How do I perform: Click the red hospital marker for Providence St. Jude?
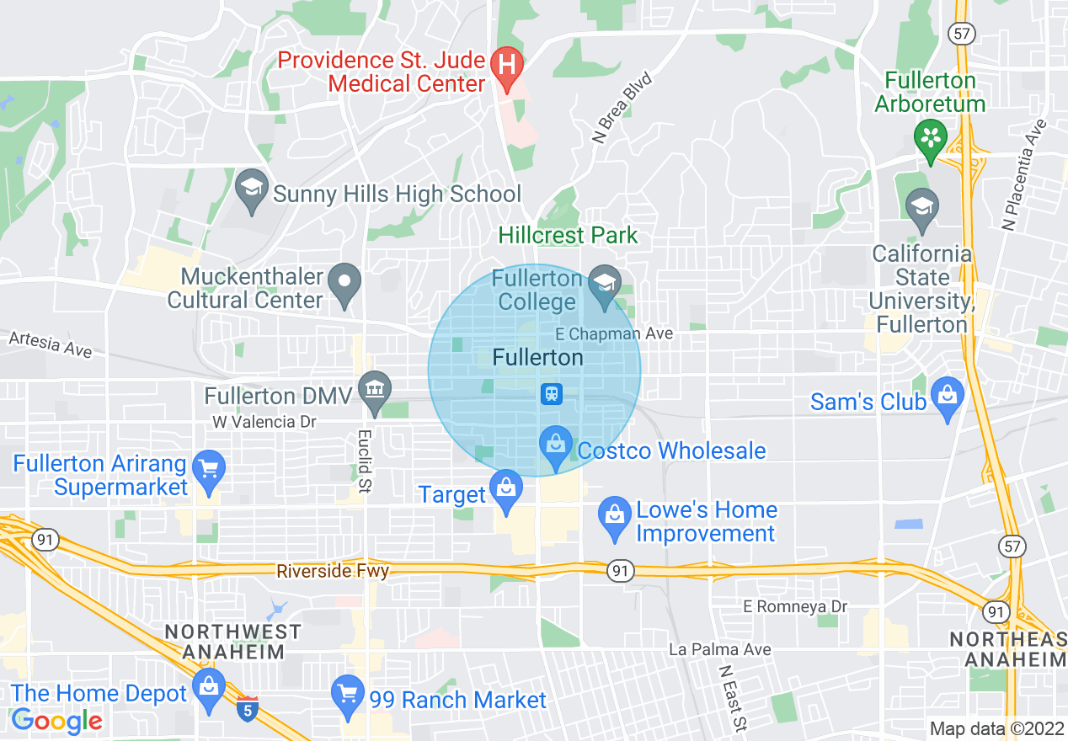507,64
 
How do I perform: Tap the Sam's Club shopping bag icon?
948,396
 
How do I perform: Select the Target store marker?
506,488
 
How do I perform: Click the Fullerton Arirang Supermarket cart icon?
207,468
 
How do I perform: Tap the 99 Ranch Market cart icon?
347,695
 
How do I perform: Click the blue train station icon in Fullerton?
552,393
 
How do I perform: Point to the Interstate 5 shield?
248,709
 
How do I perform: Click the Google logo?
57,720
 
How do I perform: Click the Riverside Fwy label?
333,572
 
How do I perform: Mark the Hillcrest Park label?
568,235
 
